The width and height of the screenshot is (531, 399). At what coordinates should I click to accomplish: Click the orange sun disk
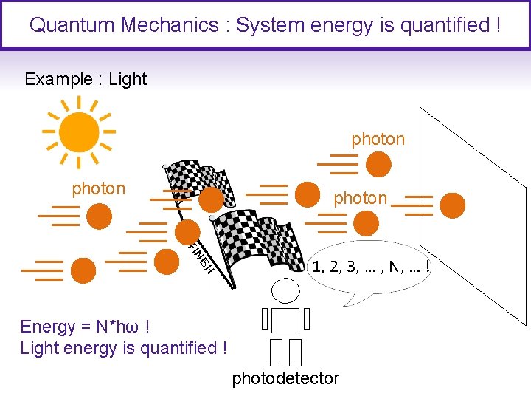[78, 133]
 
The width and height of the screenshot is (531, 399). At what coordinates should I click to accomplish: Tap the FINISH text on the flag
[200, 258]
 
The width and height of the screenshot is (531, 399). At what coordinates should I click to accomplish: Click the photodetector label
[285, 378]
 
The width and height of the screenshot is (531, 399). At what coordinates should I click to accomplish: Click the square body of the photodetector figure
[285, 320]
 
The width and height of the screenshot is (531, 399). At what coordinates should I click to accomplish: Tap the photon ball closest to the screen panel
[453, 205]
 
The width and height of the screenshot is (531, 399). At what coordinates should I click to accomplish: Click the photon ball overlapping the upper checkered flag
[212, 198]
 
